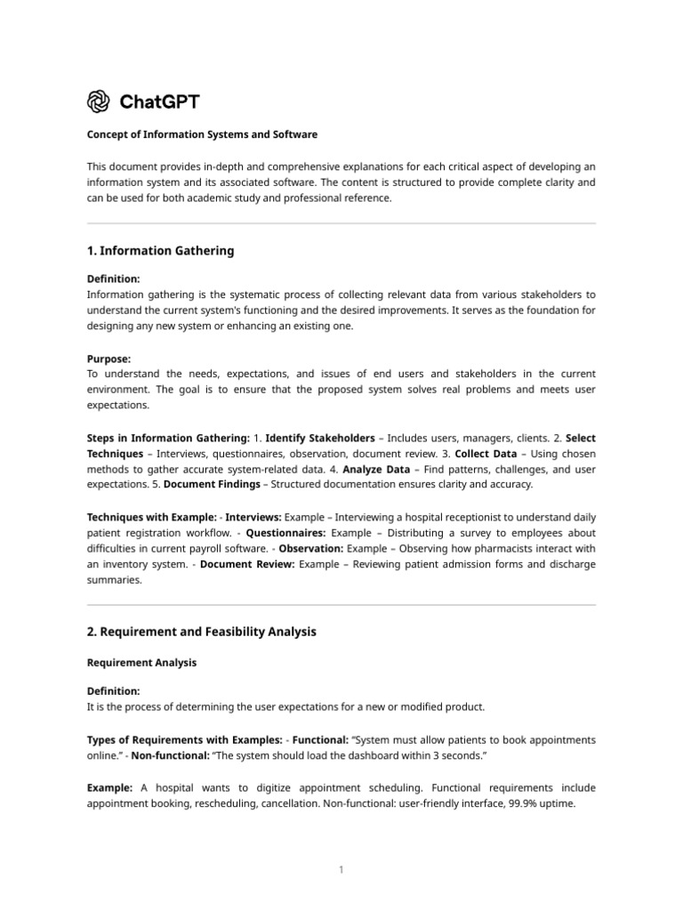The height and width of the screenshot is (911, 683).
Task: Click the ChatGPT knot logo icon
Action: (x=98, y=101)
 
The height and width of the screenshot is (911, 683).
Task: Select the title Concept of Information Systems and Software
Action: (x=202, y=134)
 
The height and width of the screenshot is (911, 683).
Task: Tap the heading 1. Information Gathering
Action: (x=160, y=251)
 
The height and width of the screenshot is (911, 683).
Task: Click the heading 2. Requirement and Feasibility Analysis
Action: (x=201, y=632)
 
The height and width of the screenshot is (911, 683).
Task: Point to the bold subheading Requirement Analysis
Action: (x=141, y=663)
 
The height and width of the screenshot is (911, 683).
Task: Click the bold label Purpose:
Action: (x=109, y=359)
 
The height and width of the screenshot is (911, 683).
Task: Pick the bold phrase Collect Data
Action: (x=486, y=454)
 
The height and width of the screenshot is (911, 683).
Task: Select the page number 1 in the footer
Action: (x=341, y=869)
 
